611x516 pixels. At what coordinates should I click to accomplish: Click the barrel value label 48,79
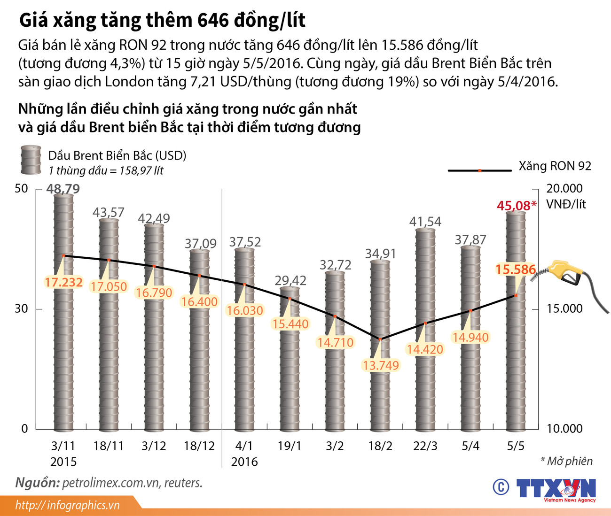[x=63, y=189]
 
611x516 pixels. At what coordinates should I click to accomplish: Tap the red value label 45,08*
[x=516, y=206]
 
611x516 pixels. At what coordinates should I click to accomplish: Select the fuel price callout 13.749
[x=381, y=365]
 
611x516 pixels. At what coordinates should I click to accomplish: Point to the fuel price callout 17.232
[x=63, y=282]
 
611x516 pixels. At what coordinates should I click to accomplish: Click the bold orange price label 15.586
[x=516, y=270]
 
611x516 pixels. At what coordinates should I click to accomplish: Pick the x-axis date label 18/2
[x=380, y=446]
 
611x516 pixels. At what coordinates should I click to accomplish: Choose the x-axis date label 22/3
[x=425, y=446]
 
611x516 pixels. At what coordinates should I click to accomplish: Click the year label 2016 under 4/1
[x=244, y=462]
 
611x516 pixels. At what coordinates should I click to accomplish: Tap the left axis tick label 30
[x=21, y=308]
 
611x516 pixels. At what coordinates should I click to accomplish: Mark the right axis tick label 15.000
[x=564, y=308]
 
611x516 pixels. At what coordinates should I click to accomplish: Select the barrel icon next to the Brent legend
[x=31, y=160]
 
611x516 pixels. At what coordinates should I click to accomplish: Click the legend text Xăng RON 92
[x=555, y=166]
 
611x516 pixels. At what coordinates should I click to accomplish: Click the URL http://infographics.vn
[x=67, y=505]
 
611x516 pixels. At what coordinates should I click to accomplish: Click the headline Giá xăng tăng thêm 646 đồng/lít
[x=162, y=21]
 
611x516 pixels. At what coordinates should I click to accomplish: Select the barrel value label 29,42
[x=290, y=281]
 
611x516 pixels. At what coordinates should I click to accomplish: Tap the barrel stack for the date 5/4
[x=470, y=338]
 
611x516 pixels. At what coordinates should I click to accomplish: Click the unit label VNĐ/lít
[x=566, y=204]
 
